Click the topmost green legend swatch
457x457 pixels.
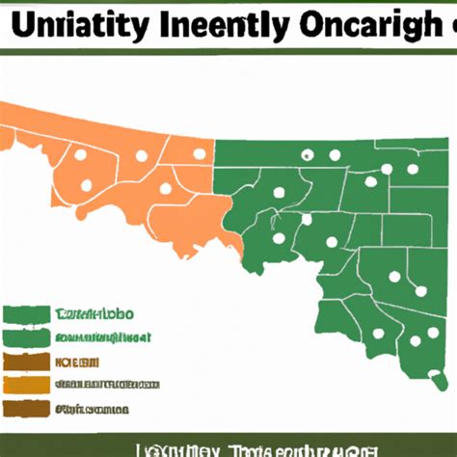[x=26, y=314]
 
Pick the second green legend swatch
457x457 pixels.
[x=26, y=338]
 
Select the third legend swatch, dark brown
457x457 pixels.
[x=26, y=363]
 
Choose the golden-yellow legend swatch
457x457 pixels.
[x=26, y=386]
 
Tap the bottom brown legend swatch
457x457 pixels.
[x=26, y=409]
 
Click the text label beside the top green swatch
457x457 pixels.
[x=94, y=314]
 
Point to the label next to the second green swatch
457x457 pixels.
[x=102, y=338]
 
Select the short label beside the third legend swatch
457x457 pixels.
[x=78, y=363]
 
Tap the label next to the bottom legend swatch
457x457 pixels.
[x=91, y=409]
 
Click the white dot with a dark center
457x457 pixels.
[x=308, y=154]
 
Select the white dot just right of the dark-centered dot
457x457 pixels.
[x=336, y=153]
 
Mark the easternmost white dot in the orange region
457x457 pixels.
[x=200, y=152]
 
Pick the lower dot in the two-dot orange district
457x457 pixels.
[x=88, y=184]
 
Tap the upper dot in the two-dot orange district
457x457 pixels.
[x=80, y=154]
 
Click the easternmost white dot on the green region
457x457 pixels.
[x=421, y=290]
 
